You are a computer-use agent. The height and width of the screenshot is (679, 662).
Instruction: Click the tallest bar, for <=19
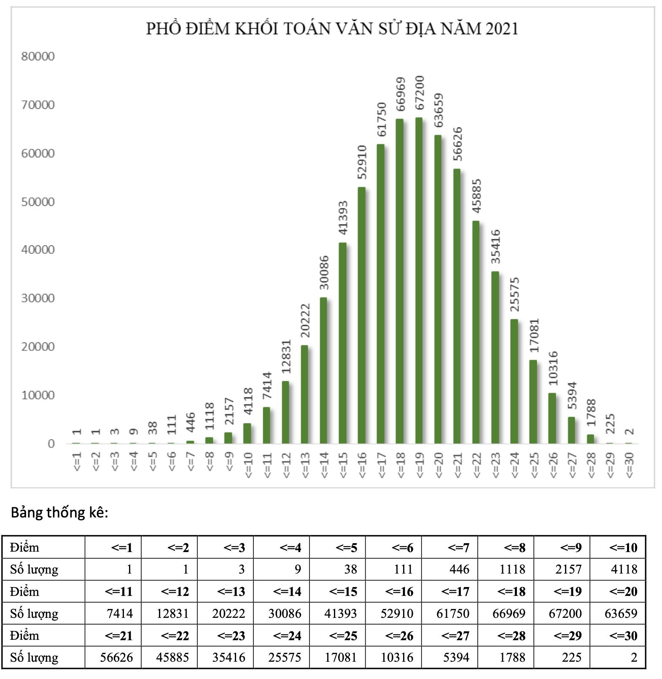pos(419,280)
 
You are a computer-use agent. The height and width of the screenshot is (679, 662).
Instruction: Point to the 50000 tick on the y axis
pos(38,202)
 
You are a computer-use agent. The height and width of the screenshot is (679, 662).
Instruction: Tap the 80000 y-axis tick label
pos(38,56)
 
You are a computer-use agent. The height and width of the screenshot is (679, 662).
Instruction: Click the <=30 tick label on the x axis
pos(629,465)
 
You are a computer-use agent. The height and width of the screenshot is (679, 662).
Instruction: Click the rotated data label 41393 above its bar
pos(343,218)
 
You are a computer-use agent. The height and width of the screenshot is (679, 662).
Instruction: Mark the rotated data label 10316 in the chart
pos(553,368)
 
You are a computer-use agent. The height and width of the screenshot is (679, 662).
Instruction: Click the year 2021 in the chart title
pos(502,29)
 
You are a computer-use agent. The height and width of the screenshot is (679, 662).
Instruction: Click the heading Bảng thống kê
pos(59,512)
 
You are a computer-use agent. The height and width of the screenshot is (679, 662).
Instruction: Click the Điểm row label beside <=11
pos(24,591)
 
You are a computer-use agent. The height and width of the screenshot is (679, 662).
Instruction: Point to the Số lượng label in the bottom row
pos(34,657)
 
